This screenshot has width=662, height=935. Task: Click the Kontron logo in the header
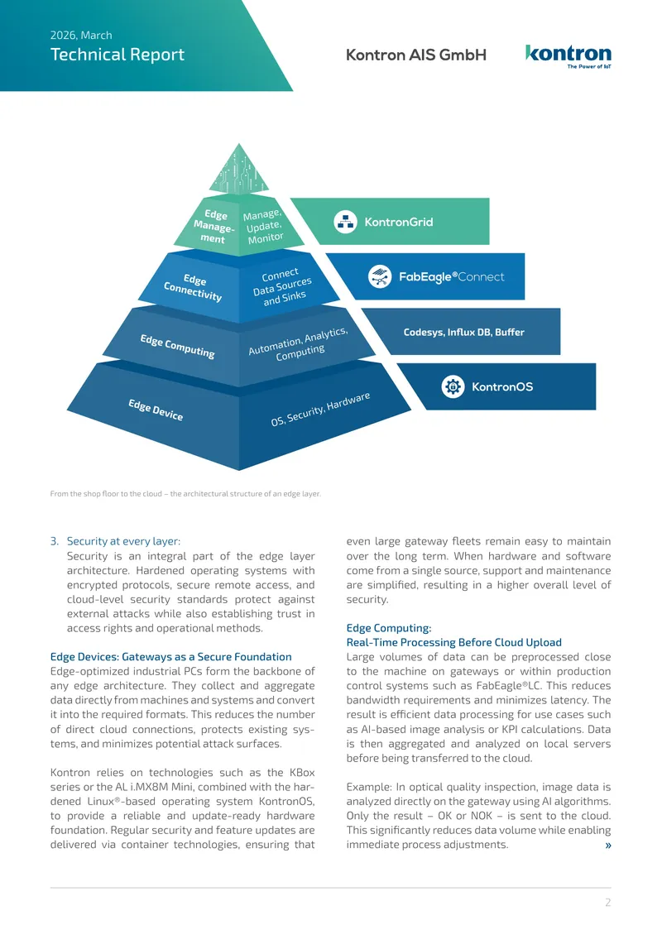568,56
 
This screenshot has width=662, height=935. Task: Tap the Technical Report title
118,55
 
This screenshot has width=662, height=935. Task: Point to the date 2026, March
81,36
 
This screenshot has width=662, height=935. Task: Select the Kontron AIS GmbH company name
416,55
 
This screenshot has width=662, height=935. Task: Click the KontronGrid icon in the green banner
345,222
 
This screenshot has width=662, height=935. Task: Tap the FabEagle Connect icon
380,276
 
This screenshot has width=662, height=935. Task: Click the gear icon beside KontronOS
453,386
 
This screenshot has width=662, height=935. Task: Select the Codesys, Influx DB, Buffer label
464,332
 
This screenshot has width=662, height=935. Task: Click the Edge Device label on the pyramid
156,410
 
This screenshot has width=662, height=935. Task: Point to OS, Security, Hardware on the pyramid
320,409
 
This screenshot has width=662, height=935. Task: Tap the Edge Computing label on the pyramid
177,346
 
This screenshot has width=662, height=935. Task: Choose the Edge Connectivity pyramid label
194,287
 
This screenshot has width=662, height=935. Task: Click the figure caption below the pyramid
185,494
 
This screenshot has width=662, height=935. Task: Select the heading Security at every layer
123,541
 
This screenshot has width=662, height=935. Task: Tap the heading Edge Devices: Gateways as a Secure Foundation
171,656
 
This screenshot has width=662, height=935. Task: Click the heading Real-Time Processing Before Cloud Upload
453,642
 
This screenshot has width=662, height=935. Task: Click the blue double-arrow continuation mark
607,845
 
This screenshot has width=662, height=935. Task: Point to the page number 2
607,902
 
